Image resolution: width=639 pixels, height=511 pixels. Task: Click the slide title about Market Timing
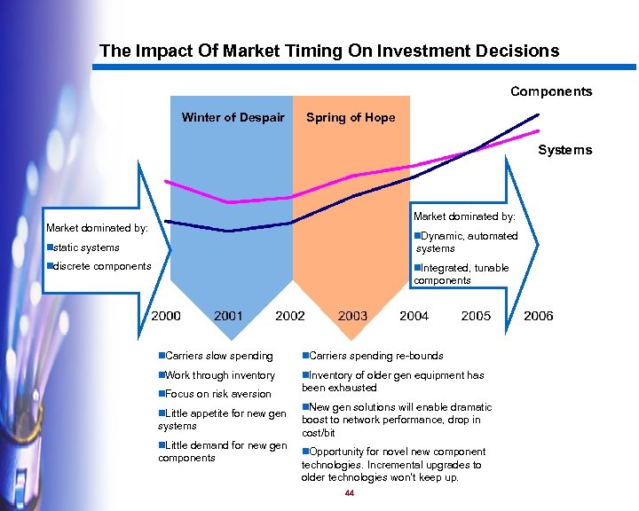click(329, 51)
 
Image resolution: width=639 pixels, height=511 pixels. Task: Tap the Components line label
click(550, 91)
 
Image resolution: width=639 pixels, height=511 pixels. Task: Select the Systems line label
click(564, 150)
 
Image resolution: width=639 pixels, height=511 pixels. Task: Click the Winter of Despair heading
click(233, 117)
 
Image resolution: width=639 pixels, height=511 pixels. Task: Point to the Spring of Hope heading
click(351, 117)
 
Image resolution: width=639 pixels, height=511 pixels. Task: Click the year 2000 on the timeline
click(166, 316)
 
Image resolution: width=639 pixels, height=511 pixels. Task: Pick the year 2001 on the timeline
click(228, 316)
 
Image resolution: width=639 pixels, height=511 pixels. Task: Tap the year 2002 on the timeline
click(290, 316)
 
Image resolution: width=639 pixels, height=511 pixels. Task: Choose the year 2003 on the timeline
click(352, 316)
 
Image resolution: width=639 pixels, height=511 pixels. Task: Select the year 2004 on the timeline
click(414, 316)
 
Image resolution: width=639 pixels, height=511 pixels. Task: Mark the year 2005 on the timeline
click(476, 316)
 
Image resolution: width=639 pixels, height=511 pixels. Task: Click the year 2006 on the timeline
click(538, 316)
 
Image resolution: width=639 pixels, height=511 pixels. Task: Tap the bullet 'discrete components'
click(99, 266)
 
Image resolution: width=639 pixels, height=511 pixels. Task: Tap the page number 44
click(350, 493)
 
